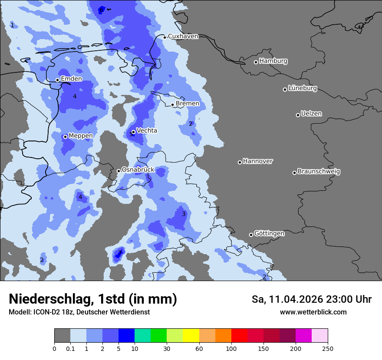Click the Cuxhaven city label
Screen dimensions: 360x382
click(x=183, y=36)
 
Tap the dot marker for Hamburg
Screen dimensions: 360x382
click(x=256, y=62)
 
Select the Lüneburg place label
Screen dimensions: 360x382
click(x=303, y=88)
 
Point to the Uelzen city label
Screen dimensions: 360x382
click(x=311, y=114)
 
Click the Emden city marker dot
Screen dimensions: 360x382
click(x=57, y=80)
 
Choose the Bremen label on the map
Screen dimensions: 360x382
click(x=188, y=103)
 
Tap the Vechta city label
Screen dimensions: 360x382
click(x=147, y=130)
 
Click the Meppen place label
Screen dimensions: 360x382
click(x=81, y=136)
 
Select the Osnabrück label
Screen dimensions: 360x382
click(x=138, y=170)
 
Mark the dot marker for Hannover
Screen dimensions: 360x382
click(x=240, y=162)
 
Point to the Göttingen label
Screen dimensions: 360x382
click(x=269, y=233)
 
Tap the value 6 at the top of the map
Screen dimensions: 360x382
click(x=101, y=10)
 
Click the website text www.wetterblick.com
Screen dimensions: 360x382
click(x=313, y=312)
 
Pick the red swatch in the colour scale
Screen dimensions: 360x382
click(x=239, y=336)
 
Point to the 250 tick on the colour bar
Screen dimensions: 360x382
click(x=328, y=348)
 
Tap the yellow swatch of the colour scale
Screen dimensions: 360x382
click(x=191, y=336)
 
